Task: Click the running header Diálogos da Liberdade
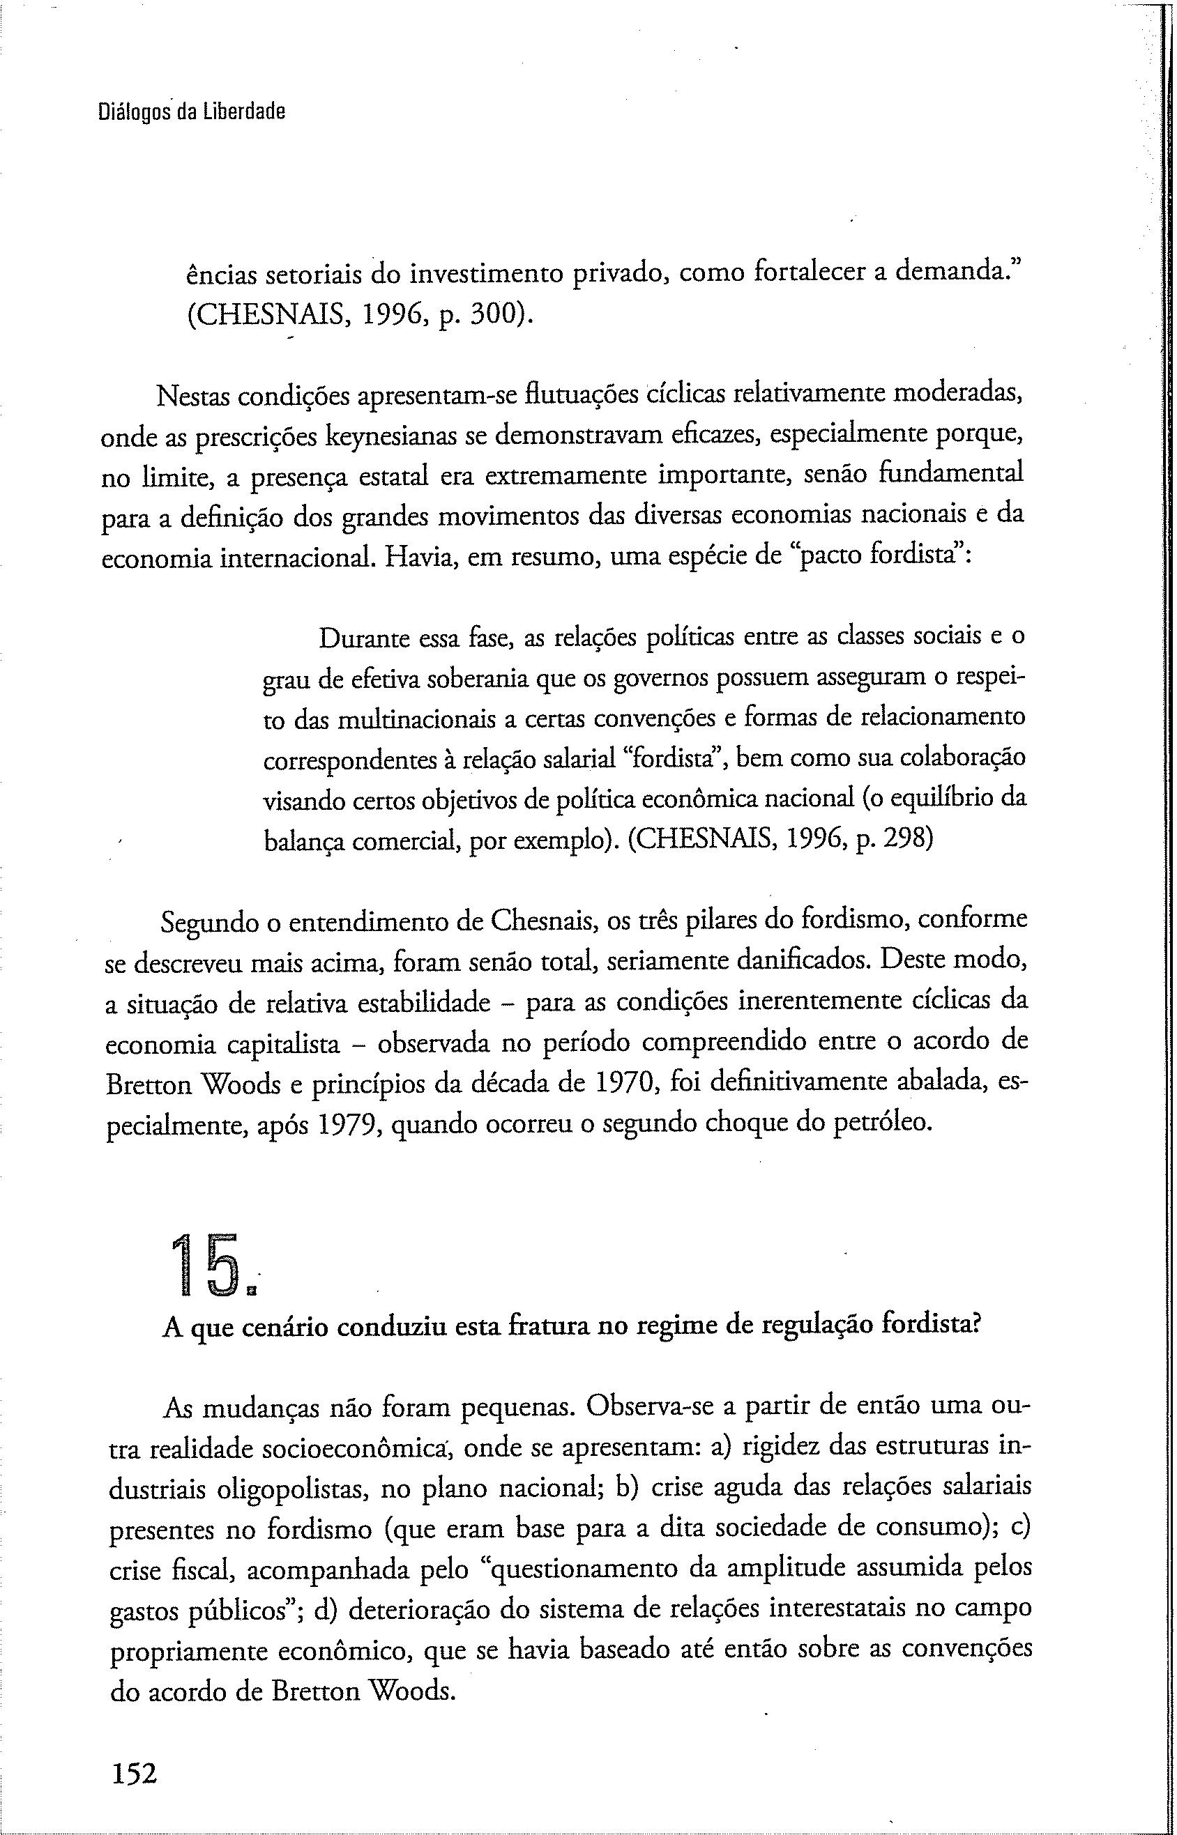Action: (x=191, y=112)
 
